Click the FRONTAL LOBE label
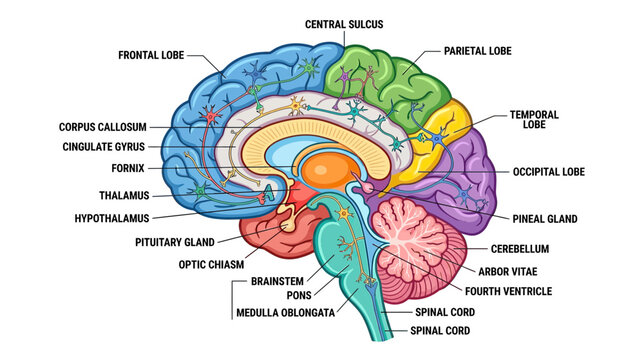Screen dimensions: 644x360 coord(151,55)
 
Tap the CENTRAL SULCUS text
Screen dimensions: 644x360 coord(344,24)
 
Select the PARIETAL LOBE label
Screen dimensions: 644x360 coord(478,51)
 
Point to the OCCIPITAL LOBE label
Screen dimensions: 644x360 coord(549,172)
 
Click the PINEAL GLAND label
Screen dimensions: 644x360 coord(545,219)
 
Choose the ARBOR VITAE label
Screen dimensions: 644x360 coord(508,271)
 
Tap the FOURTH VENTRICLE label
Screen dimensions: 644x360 coord(508,291)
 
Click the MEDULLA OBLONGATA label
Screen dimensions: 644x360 coord(285,313)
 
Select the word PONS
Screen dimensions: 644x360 coord(299,295)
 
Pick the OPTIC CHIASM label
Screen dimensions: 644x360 coord(211,264)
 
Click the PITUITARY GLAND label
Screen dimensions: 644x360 coord(175,242)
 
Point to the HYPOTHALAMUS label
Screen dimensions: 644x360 coord(112,218)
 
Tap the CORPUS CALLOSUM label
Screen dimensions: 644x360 coord(103,127)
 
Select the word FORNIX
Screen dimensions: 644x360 coord(128,168)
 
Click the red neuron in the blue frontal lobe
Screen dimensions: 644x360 coord(210,116)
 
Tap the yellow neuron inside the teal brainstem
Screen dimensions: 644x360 coord(344,213)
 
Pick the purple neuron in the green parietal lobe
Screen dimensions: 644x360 coord(345,76)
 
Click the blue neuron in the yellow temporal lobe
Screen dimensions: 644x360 coord(436,140)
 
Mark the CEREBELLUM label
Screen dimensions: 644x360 coord(520,249)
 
